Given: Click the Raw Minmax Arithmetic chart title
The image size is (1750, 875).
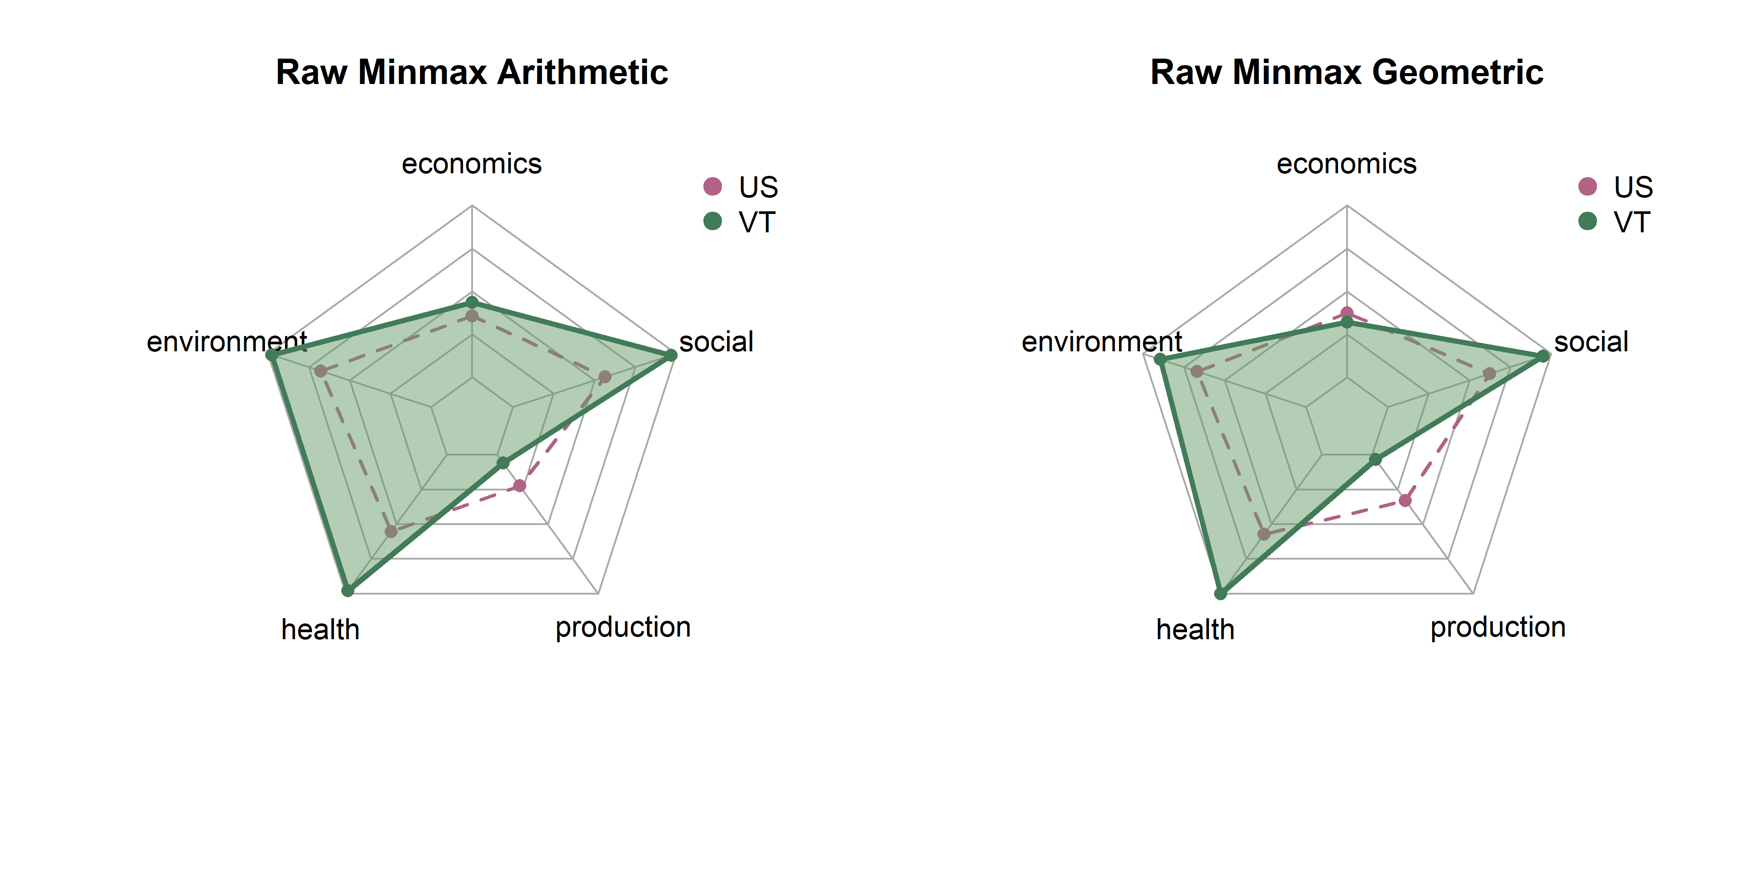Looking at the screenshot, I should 472,72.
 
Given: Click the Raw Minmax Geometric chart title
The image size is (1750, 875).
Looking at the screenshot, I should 1347,72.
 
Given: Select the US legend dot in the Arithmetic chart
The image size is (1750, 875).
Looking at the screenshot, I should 712,185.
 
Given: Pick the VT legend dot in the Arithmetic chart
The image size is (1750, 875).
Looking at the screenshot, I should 712,221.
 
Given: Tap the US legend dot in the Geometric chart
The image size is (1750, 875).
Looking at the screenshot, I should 1587,185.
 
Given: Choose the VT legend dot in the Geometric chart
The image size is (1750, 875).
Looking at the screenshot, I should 1587,221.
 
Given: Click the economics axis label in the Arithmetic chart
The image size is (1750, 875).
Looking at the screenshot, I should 472,164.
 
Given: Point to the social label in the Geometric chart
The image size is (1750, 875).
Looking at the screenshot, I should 1591,342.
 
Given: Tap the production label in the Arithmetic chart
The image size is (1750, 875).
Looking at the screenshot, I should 623,627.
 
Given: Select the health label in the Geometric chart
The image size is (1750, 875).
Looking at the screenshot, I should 1195,630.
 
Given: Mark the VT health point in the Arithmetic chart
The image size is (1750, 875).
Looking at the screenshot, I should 347,590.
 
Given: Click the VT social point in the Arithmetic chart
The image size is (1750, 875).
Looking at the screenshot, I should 671,355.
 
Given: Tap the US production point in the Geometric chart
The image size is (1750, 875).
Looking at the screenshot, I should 1405,500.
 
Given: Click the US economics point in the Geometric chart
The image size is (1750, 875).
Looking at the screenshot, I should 1347,314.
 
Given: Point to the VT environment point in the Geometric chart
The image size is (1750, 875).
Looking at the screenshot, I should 1160,360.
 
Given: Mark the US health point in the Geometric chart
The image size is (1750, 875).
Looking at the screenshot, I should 1263,534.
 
